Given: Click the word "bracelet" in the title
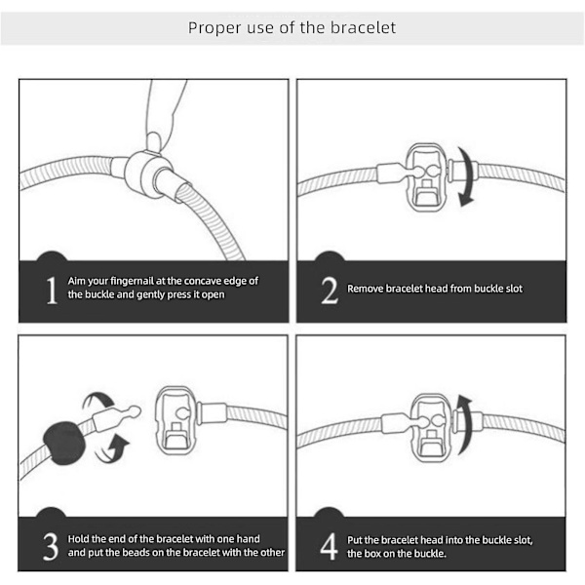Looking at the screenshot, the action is tap(363, 27).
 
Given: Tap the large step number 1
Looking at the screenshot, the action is tap(52, 291).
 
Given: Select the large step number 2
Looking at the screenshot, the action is tap(330, 291).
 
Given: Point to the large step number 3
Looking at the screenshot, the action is tap(51, 547).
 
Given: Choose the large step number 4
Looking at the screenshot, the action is tap(330, 547).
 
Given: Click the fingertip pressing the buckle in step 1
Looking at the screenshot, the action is tap(155, 141).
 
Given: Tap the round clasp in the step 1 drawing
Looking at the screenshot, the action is tap(143, 174).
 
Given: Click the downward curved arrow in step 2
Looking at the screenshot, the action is tap(466, 176).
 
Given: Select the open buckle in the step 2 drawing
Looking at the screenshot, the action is tap(426, 177).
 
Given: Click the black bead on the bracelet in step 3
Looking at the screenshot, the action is tap(64, 443).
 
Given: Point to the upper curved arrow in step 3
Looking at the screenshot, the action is tap(98, 402).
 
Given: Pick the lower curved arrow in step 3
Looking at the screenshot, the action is tap(112, 448).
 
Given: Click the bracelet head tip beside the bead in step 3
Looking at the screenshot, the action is tap(134, 411).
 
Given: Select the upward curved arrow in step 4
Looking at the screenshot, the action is tap(464, 424).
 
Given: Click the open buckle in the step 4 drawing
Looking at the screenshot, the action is tap(431, 428).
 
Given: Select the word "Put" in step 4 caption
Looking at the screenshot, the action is tap(355, 540).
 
